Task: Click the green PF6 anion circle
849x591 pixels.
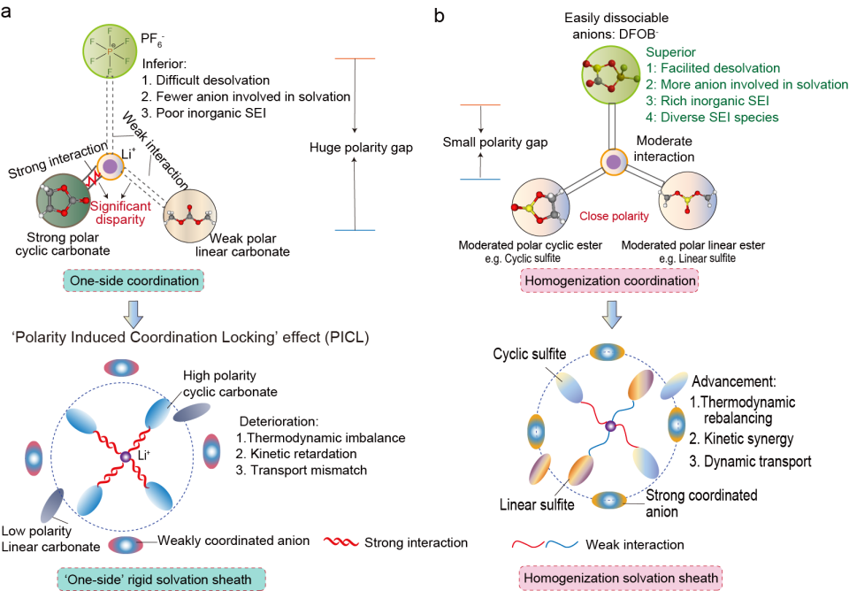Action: (111, 52)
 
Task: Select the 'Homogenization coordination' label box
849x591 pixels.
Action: (609, 281)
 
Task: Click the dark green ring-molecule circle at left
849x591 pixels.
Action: (63, 200)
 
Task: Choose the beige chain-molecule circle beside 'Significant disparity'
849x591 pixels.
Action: (188, 215)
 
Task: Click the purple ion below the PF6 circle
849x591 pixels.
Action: (111, 165)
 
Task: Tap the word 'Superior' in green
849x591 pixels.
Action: (670, 52)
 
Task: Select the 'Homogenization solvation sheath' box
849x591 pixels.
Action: (620, 579)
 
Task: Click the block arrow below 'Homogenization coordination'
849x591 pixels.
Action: (612, 314)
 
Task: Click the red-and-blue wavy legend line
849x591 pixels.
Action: (545, 542)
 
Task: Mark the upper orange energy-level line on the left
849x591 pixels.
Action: (355, 59)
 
